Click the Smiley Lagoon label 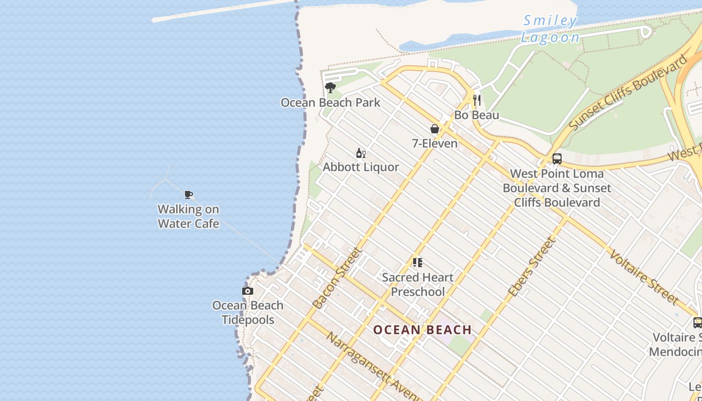pos(550,29)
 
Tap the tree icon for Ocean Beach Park pos(330,88)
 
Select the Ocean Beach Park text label pos(330,103)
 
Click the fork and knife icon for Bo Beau pos(477,100)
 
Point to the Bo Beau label pos(477,115)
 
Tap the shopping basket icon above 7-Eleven pos(435,129)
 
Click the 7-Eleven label pos(435,143)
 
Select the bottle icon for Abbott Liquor pos(361,153)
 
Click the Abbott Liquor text pos(361,167)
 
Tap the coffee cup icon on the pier pos(189,194)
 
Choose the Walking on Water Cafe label pos(189,216)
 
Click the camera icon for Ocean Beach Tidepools pos(247,291)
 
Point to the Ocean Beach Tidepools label pos(248,312)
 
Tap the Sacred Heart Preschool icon pos(418,262)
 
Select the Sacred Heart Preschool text pos(418,284)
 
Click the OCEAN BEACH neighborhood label pos(423,329)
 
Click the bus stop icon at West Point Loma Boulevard pos(557,159)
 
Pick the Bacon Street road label pos(337,278)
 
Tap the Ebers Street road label pos(532,267)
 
